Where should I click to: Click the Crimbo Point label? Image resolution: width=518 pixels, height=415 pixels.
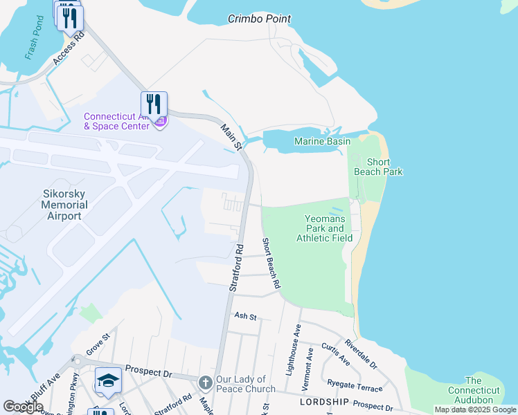pos(259,19)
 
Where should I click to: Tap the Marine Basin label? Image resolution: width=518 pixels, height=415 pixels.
pos(322,141)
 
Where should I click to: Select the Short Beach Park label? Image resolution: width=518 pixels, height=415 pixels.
pos(378,167)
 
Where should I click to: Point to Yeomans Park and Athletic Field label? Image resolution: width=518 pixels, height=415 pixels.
pos(324,228)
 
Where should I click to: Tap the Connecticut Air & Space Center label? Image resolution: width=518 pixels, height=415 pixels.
pos(116,121)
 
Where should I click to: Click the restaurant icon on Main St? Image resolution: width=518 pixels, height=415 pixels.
pos(154,104)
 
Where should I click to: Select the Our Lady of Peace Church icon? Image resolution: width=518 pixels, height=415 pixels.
pos(206,383)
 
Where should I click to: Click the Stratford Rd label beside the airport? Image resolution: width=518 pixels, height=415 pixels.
pos(237,266)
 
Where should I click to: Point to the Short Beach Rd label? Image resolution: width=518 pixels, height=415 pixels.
pos(271,263)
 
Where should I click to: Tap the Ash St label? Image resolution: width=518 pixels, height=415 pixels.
pos(246,316)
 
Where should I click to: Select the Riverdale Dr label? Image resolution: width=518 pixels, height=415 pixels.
pos(361,353)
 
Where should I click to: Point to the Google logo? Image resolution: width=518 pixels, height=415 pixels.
pos(23,406)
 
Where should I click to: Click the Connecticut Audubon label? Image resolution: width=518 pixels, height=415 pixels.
pos(474,390)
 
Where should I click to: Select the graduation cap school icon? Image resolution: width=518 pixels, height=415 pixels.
pos(108,381)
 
